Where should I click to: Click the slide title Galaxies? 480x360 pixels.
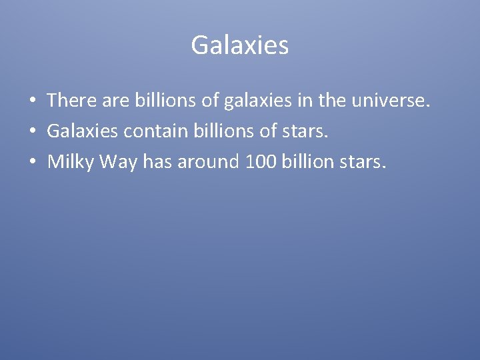(x=239, y=45)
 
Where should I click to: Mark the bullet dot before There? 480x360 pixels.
(x=32, y=101)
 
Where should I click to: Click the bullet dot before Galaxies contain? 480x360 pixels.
(x=32, y=131)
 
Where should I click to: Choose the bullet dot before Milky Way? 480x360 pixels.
(x=32, y=161)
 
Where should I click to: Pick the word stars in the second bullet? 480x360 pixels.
(x=308, y=131)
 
